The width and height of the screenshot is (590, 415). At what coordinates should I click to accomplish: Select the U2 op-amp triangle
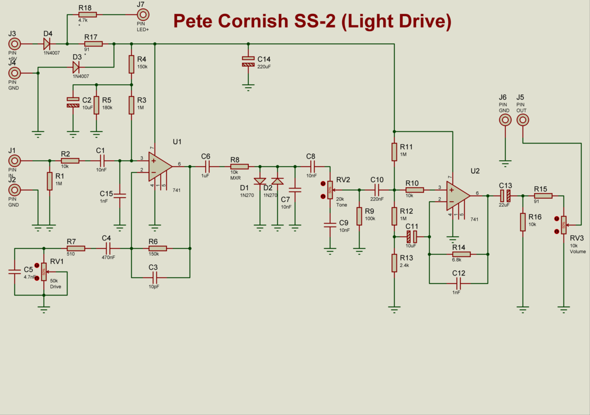pos(457,196)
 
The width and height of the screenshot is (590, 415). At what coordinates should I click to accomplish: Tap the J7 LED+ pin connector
pos(141,15)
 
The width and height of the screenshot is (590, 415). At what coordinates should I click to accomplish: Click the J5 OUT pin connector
pos(523,120)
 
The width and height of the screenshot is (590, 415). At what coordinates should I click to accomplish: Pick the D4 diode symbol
pos(47,44)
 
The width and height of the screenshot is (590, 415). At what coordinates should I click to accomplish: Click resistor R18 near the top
pos(87,15)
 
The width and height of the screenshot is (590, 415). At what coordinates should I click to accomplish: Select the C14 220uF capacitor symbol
pos(248,61)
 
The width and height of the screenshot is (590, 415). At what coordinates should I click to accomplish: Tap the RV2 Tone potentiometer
pos(330,189)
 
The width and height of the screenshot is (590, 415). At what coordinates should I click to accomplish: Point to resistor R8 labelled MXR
pos(239,166)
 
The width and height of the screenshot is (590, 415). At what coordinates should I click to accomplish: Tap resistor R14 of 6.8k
pos(460,254)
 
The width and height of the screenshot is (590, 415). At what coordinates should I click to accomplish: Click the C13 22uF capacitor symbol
pos(505,196)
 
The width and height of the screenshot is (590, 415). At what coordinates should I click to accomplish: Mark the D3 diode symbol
pos(77,67)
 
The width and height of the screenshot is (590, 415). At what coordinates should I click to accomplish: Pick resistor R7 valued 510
pos(75,248)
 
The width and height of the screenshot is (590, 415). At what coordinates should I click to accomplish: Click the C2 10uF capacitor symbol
pos(73,102)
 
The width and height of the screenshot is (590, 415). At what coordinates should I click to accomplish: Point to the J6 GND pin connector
pos(505,120)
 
